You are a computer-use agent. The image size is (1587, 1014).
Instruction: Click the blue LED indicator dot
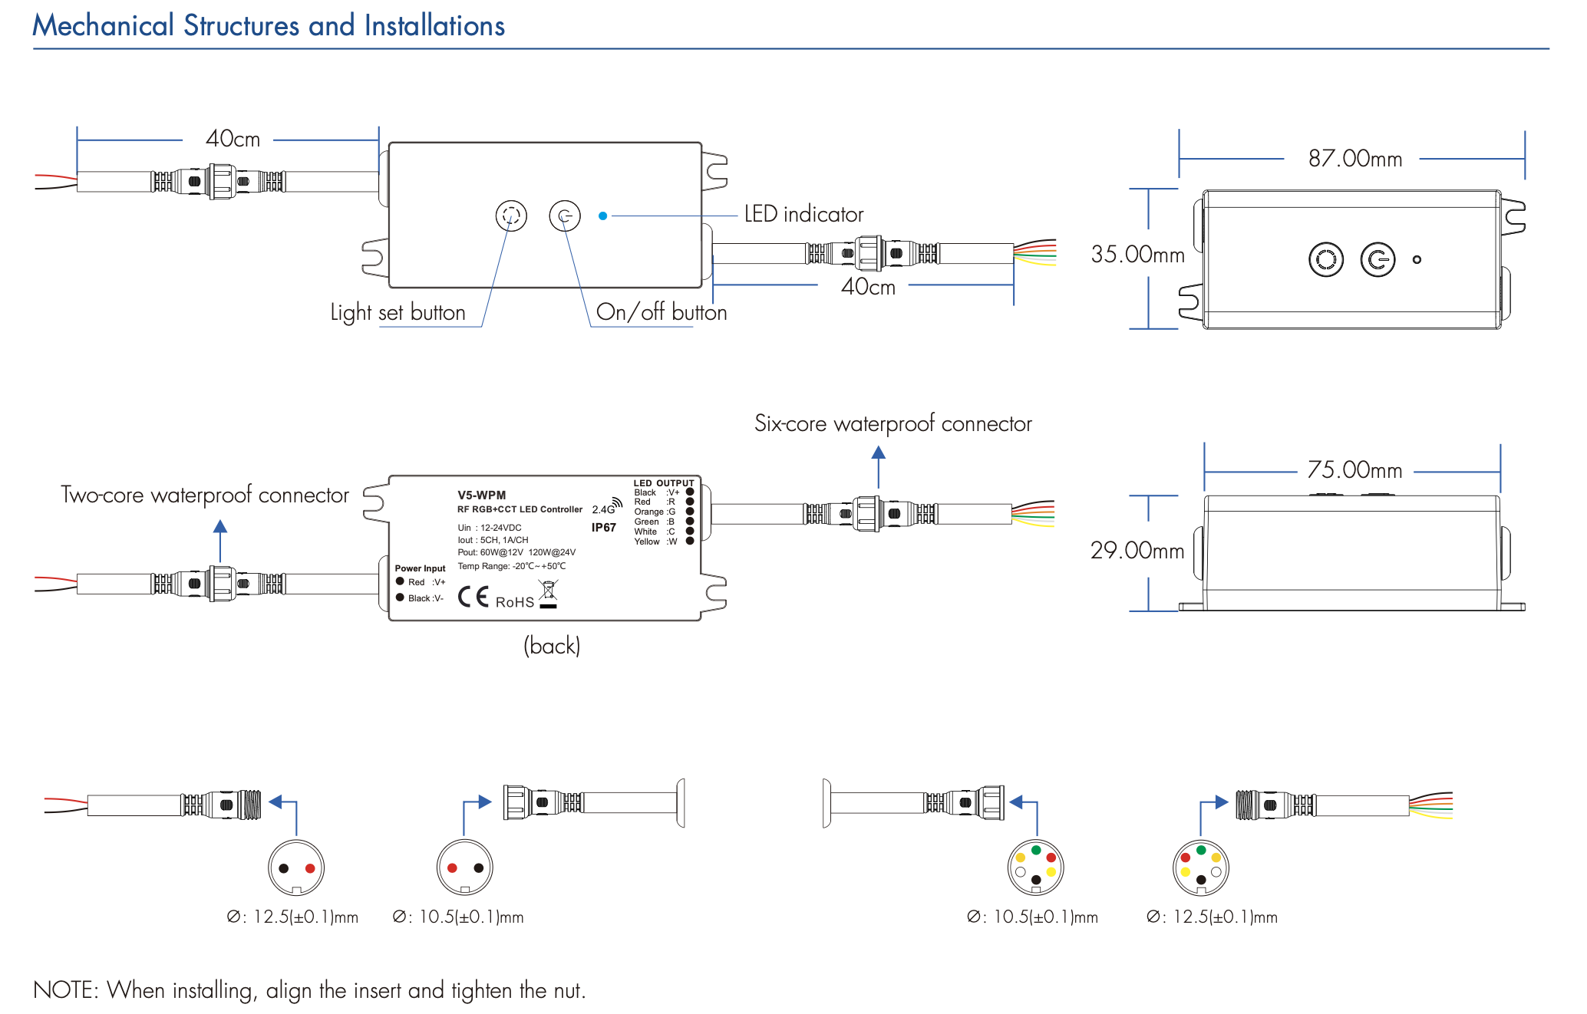coord(603,216)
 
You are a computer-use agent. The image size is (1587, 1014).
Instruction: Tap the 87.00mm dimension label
coord(1354,159)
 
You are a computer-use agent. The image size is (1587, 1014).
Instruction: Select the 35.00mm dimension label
coord(1137,254)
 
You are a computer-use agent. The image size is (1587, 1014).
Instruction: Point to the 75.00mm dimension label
coord(1354,469)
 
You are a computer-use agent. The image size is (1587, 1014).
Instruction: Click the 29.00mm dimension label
coord(1137,550)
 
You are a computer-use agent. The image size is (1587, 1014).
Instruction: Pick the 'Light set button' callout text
coord(398,313)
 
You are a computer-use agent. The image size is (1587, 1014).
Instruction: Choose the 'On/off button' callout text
coord(661,312)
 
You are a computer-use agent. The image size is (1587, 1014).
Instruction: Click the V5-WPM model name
coord(481,495)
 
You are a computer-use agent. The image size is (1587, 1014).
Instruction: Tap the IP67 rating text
coord(603,528)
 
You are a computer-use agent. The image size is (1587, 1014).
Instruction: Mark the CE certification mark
coord(473,597)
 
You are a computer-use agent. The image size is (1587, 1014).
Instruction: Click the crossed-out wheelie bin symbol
coord(548,593)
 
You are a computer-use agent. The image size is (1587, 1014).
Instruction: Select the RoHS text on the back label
coord(514,603)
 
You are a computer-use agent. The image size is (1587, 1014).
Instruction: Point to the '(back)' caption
coord(552,646)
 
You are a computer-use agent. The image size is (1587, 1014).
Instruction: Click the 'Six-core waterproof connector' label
coord(892,423)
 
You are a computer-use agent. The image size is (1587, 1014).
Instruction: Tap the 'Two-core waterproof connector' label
coord(204,495)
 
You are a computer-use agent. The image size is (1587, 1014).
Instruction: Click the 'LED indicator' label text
coord(803,215)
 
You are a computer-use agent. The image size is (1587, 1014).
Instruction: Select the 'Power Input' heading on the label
coord(420,568)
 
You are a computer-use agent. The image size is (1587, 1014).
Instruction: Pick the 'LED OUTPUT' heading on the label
coord(663,483)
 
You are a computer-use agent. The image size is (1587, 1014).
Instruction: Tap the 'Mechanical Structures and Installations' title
coord(269,26)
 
